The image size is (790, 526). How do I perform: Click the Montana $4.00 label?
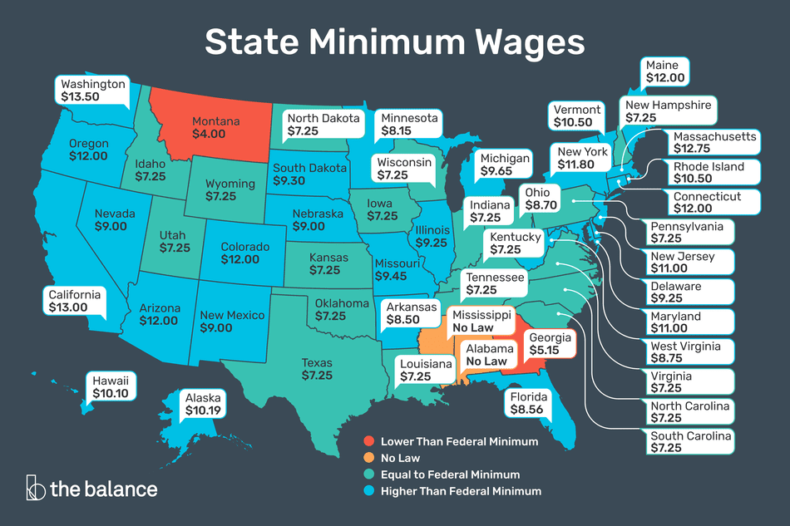click(215, 127)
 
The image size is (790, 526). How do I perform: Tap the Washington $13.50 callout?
click(92, 91)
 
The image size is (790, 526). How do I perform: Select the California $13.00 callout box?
click(73, 301)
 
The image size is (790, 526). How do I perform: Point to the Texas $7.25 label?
click(318, 369)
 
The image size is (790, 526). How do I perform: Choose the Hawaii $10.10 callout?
click(110, 387)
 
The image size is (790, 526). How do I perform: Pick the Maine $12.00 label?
click(664, 71)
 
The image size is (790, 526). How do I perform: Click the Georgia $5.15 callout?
click(548, 345)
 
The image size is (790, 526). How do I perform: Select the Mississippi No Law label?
click(481, 322)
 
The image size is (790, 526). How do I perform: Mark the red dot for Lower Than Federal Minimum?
click(368, 441)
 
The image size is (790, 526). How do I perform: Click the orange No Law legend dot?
click(368, 458)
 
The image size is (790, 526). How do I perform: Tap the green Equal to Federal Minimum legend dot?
click(368, 474)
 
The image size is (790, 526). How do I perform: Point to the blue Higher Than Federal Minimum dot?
click(368, 491)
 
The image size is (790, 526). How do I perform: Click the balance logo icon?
click(35, 487)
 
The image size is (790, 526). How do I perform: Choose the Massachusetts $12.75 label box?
click(703, 142)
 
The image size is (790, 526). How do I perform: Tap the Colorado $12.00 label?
click(245, 253)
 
